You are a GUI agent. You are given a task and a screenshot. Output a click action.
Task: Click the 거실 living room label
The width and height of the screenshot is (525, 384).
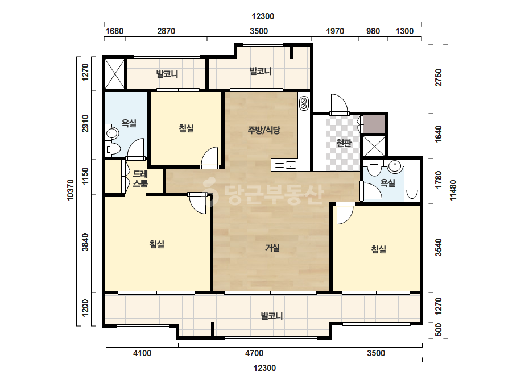[272, 248]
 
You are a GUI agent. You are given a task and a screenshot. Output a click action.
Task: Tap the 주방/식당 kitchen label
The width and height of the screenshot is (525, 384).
[264, 130]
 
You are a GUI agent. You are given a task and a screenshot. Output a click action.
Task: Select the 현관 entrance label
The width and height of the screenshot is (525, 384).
[344, 143]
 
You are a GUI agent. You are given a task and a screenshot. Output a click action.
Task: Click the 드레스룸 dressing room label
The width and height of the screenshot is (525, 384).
[140, 178]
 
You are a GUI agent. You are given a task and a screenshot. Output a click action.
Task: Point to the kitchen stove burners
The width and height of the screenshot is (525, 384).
[304, 103]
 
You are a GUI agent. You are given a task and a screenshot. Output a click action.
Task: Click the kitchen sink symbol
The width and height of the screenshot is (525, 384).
[290, 165]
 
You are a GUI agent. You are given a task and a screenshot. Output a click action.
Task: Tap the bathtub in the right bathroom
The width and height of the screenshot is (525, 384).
[412, 181]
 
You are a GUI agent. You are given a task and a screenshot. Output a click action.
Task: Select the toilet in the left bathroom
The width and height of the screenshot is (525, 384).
[113, 149]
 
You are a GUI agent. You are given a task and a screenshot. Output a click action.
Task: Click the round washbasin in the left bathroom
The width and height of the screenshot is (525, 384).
[112, 133]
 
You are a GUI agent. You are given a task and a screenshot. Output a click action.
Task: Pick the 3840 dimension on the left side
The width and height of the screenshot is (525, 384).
[85, 243]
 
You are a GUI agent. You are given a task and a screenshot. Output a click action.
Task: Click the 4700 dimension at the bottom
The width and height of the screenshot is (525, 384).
[254, 353]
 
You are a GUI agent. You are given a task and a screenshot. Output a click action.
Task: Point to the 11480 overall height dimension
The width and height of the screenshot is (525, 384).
[453, 190]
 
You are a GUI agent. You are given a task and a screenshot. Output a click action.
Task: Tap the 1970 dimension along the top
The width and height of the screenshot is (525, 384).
[335, 31]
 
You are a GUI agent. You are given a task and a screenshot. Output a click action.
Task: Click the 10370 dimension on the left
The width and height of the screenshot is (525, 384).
[71, 190]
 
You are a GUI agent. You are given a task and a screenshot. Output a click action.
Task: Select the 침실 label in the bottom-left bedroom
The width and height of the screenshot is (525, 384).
[156, 244]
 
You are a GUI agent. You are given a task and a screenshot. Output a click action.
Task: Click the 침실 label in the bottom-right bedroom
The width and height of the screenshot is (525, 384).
[379, 249]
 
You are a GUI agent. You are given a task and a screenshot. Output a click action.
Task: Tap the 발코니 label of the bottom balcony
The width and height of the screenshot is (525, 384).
[272, 316]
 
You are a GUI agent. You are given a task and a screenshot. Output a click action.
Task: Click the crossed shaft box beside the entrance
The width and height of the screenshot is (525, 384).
[374, 146]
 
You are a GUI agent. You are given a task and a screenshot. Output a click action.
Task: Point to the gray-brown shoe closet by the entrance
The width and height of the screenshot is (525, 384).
[374, 124]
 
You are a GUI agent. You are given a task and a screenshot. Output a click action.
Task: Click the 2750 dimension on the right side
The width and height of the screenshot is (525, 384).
[439, 78]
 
